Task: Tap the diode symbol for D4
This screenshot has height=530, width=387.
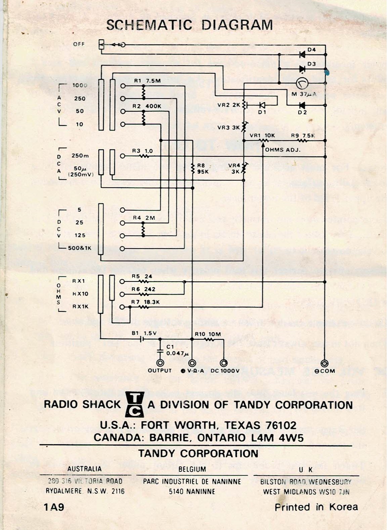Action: coord(302,54)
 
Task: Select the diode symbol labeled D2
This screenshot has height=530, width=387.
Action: coord(302,105)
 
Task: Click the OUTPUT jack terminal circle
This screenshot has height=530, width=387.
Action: coord(160,363)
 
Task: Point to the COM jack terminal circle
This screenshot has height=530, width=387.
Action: coord(325,363)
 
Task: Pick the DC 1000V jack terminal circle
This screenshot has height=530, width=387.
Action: coord(223,363)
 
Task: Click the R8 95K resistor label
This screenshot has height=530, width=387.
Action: coord(201,168)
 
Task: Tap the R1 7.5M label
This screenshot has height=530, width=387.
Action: coord(147,81)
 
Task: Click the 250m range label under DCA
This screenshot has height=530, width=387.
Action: coord(80,156)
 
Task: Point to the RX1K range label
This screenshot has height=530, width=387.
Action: coord(80,307)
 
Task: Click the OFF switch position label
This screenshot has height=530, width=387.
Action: coord(79,44)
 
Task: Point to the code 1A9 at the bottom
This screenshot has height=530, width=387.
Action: coord(54,507)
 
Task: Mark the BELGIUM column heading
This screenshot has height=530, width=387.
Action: coord(192,469)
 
